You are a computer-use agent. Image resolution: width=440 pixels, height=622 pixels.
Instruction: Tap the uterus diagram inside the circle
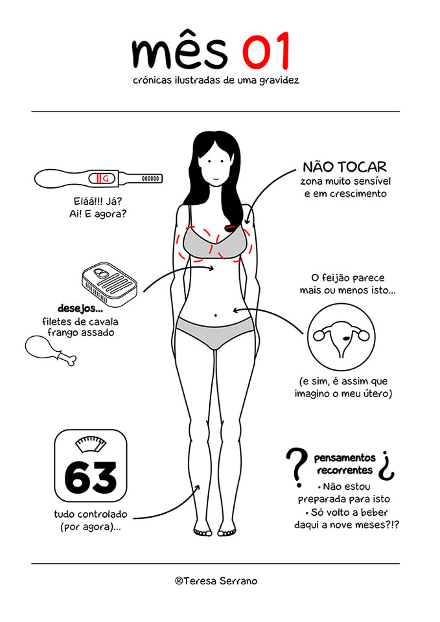340,337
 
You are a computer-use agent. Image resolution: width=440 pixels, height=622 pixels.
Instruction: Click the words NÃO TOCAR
345,167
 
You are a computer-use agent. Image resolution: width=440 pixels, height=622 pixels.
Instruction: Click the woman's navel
215,316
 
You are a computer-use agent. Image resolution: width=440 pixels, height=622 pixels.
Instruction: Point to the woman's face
214,168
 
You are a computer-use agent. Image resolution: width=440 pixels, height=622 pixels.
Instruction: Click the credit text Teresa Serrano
216,581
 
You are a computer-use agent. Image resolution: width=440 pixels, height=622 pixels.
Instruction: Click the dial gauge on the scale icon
90,445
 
